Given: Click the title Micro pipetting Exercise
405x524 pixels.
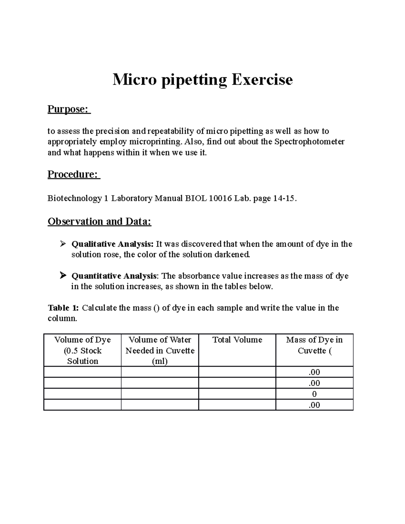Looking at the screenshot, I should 202,80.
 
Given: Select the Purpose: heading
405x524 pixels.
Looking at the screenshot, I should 69,109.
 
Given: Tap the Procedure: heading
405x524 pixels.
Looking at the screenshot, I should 74,174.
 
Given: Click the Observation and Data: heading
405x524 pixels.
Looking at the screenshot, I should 99,221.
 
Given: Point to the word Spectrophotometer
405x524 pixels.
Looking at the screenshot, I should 309,142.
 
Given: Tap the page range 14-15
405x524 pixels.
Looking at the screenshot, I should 285,198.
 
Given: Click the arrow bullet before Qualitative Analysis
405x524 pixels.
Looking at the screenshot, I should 62,244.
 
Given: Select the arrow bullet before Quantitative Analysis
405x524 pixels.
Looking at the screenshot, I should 62,276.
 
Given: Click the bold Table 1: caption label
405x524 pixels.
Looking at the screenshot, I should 63,308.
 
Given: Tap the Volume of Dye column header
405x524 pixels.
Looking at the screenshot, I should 82,350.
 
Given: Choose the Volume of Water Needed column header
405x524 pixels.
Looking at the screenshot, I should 160,350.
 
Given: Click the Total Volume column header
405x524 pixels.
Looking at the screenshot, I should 237,340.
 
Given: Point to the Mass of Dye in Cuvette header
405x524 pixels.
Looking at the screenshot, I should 314,345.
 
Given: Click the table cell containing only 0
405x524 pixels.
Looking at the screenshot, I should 314,394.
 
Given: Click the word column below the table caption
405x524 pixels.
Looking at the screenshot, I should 62,318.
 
